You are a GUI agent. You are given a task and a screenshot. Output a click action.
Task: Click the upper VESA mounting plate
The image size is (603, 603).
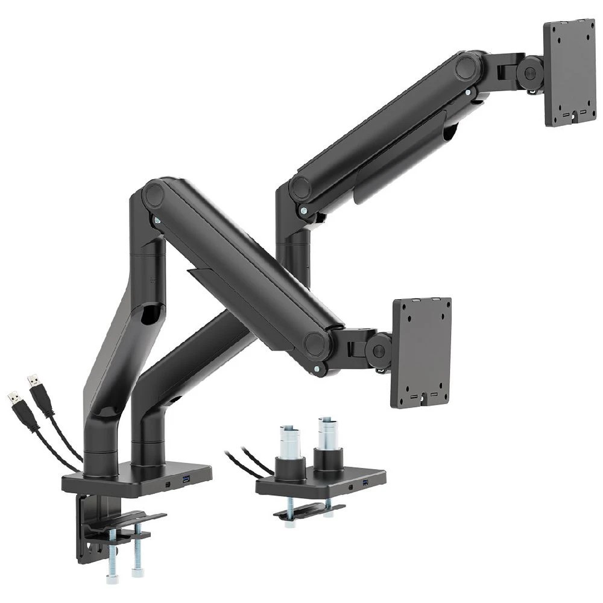click(569, 72)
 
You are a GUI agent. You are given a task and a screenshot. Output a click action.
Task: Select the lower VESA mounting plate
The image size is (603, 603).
click(421, 352)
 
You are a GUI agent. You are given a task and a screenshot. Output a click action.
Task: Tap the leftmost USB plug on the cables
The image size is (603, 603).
click(14, 403)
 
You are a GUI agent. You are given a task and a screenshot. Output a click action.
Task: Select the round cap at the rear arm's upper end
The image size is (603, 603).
click(467, 66)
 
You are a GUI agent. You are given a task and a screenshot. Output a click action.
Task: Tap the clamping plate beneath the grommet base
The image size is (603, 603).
click(308, 511)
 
